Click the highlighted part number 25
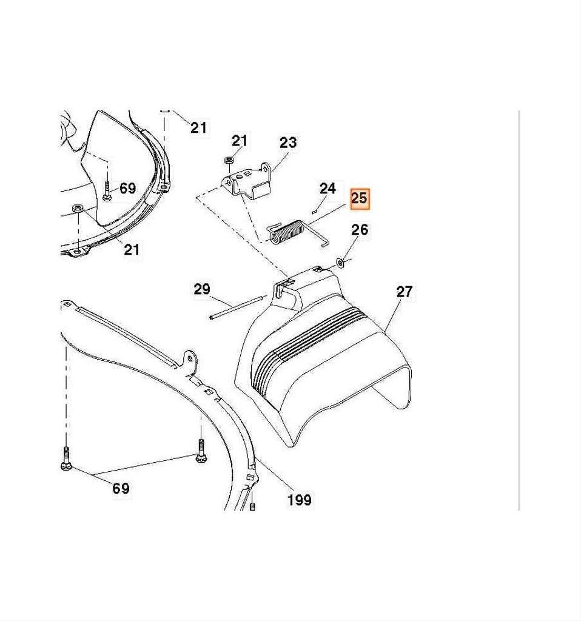(x=359, y=198)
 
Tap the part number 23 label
(x=288, y=143)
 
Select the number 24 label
(x=327, y=188)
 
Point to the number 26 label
(x=360, y=229)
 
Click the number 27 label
(x=405, y=292)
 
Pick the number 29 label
(x=202, y=289)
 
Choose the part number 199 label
(x=300, y=500)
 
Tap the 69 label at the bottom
(x=121, y=488)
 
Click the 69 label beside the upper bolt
(x=127, y=188)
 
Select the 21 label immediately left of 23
(x=239, y=141)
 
